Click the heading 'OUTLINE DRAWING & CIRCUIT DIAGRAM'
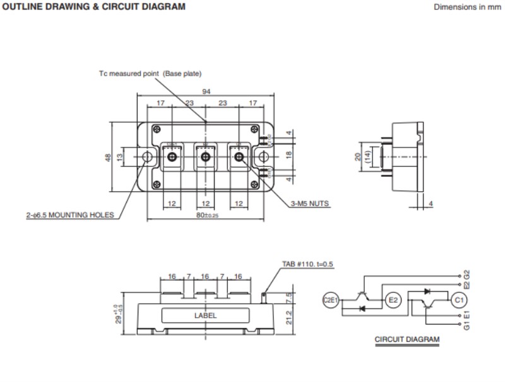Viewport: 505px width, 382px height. coord(93,7)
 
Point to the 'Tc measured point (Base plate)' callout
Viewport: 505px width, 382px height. coord(150,74)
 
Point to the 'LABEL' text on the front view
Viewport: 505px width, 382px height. coord(206,316)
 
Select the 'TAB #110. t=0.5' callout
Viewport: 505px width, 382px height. coord(307,264)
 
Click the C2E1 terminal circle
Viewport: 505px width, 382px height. coord(331,301)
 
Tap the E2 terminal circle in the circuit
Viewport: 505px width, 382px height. coord(392,301)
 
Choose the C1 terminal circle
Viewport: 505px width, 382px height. coord(459,301)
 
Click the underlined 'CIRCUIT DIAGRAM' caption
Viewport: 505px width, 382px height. coord(407,339)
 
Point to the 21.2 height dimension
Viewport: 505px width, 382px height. coord(288,315)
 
